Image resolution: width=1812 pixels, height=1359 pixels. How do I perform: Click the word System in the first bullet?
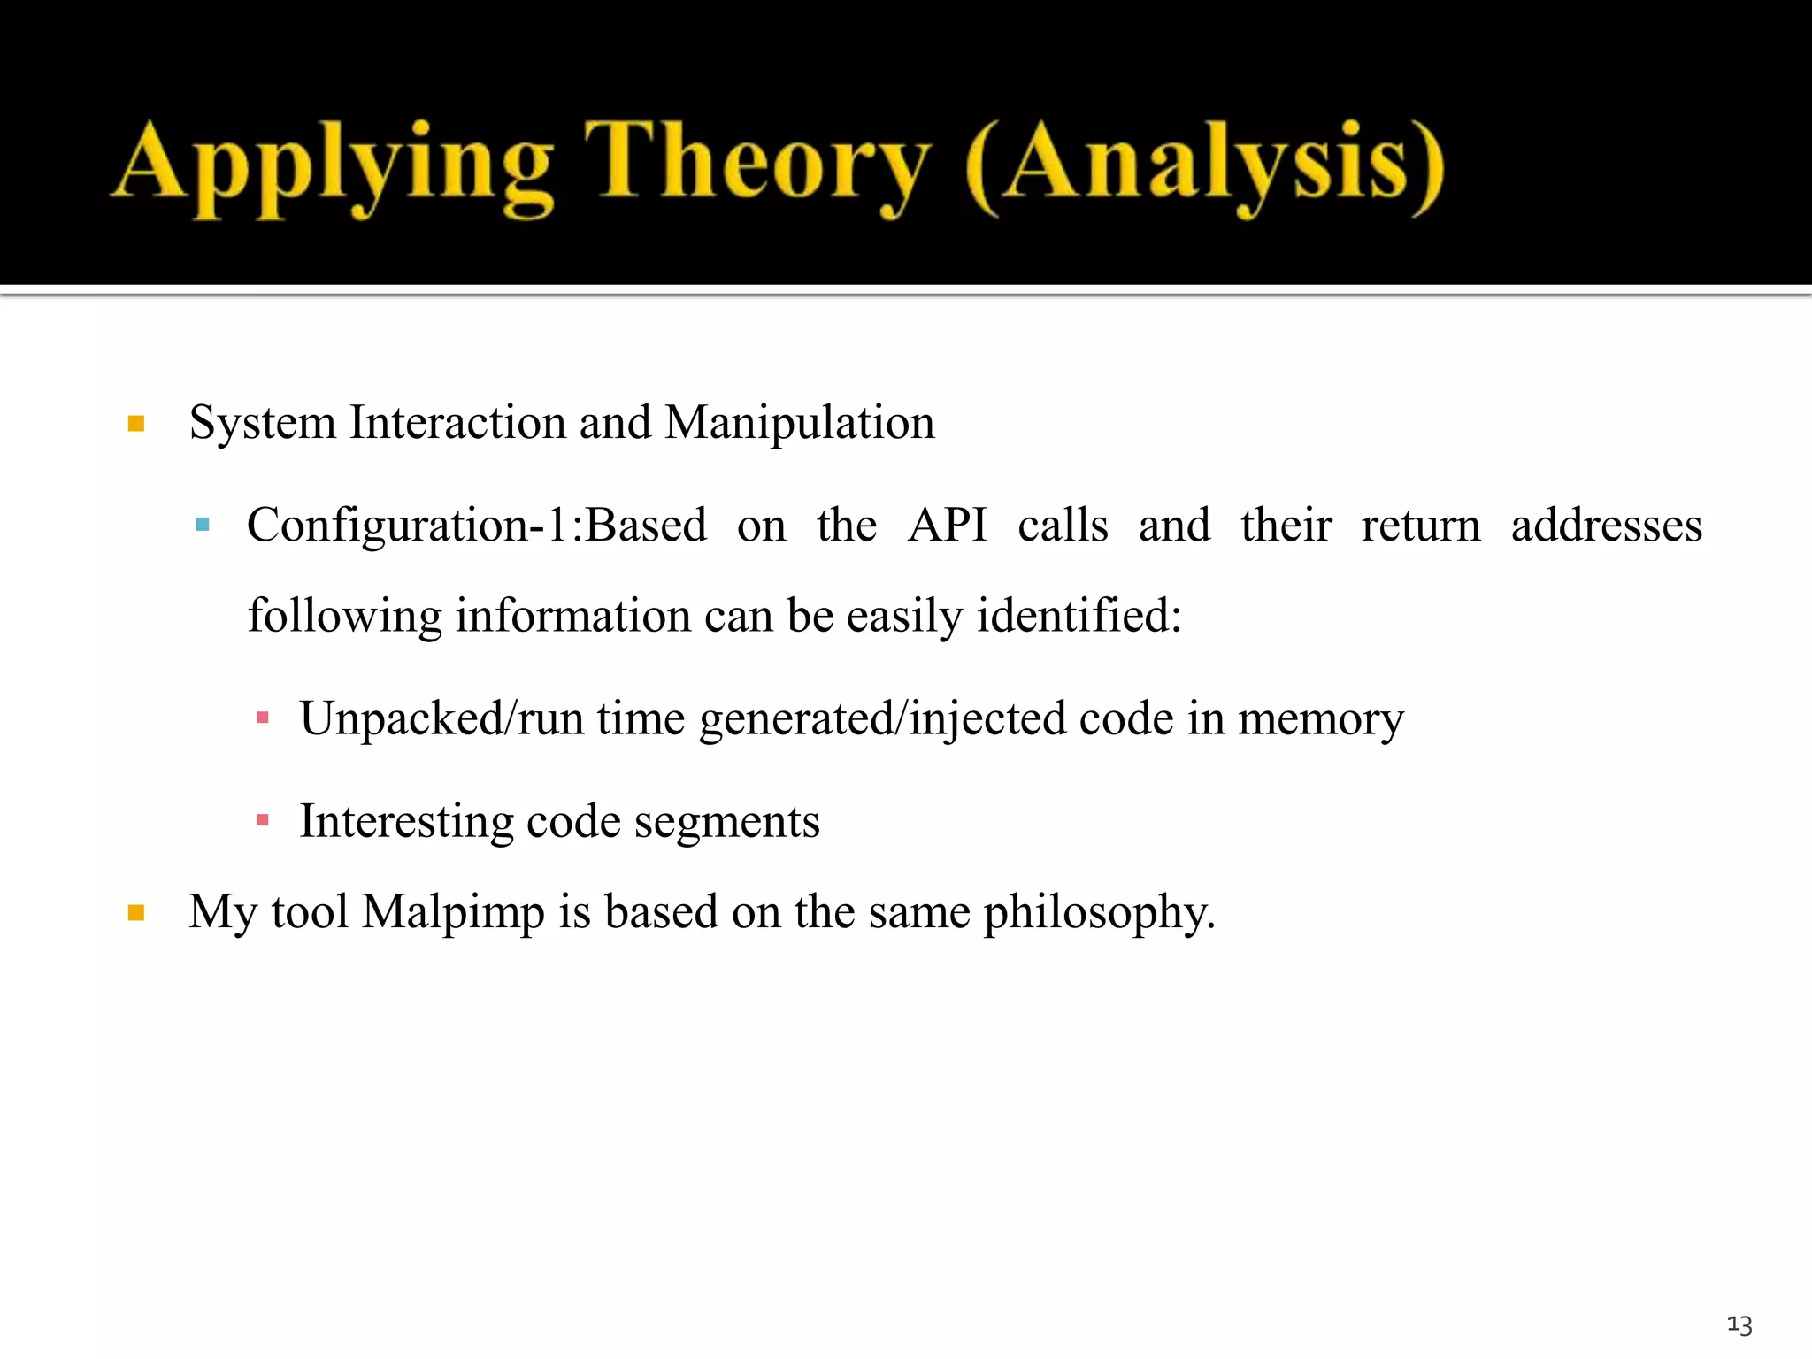263,423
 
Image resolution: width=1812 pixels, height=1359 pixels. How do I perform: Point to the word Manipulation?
799,423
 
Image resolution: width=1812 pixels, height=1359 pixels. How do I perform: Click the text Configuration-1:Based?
477,526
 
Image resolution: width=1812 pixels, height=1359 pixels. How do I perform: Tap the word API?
947,526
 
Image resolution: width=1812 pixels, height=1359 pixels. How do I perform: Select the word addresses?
1606,526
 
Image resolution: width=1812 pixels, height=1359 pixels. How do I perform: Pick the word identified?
1079,616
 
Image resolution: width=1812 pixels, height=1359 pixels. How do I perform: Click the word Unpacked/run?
441,718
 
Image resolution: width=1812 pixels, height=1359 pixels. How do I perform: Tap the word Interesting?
406,822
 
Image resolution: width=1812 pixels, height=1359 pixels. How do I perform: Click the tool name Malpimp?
453,912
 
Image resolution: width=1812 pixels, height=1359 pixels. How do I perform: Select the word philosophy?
1100,913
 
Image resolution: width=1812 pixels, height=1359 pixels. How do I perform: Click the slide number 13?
1739,1324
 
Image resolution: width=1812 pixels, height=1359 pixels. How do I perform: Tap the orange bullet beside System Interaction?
136,424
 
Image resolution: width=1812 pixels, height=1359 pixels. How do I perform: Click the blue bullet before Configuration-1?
203,525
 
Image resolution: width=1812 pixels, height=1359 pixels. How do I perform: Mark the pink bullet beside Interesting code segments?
262,821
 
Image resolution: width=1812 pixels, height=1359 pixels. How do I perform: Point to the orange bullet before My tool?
136,913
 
